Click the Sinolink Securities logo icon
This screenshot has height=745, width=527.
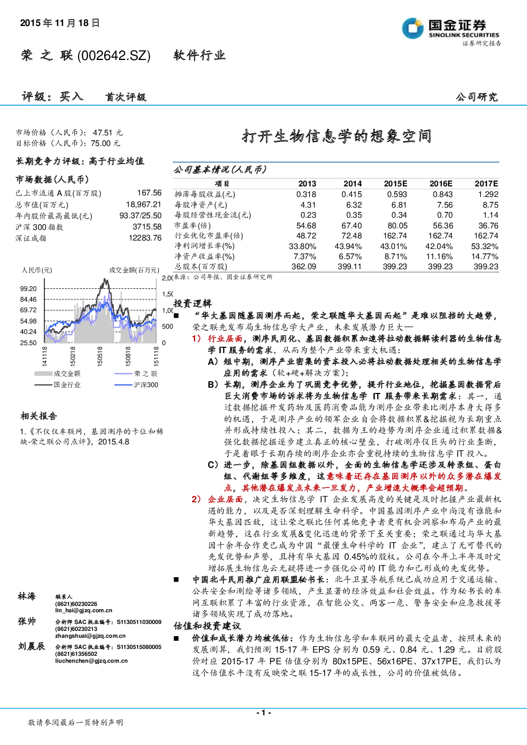click(x=413, y=28)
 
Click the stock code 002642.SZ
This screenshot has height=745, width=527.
click(x=114, y=56)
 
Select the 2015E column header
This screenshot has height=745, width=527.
click(x=395, y=184)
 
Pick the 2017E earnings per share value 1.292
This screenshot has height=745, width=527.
click(x=488, y=194)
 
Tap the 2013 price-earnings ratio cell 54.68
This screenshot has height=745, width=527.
click(x=306, y=226)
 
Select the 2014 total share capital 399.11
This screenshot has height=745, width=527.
click(x=350, y=267)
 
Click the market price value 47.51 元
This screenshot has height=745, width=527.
click(x=108, y=133)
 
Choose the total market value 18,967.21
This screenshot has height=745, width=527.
click(x=144, y=204)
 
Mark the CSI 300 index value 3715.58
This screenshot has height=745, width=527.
click(x=147, y=227)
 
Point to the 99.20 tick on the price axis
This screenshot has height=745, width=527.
click(x=28, y=289)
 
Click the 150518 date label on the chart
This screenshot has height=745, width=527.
click(x=100, y=356)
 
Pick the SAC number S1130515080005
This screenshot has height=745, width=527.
click(x=139, y=647)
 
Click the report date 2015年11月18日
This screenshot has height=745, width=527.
click(x=60, y=23)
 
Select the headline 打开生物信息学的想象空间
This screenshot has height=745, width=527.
click(x=336, y=136)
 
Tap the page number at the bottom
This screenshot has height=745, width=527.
click(x=263, y=713)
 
